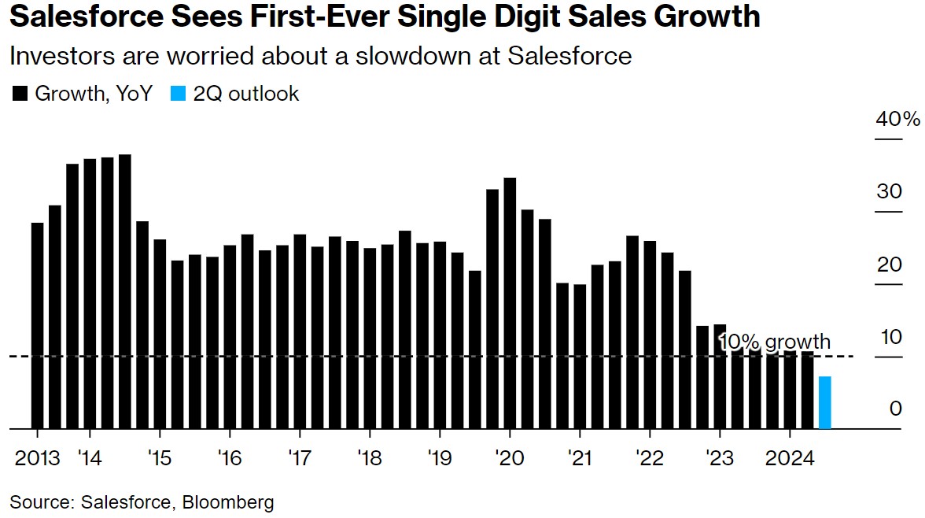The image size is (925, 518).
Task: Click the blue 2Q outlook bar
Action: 824,403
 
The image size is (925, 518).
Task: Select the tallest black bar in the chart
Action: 124,291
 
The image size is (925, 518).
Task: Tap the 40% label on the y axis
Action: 897,120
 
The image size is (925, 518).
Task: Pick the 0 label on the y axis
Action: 895,409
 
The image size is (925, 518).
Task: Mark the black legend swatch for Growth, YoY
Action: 20,94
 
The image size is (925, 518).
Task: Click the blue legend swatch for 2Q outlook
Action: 179,94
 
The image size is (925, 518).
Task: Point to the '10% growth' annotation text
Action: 775,342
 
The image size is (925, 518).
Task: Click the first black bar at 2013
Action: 37,326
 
